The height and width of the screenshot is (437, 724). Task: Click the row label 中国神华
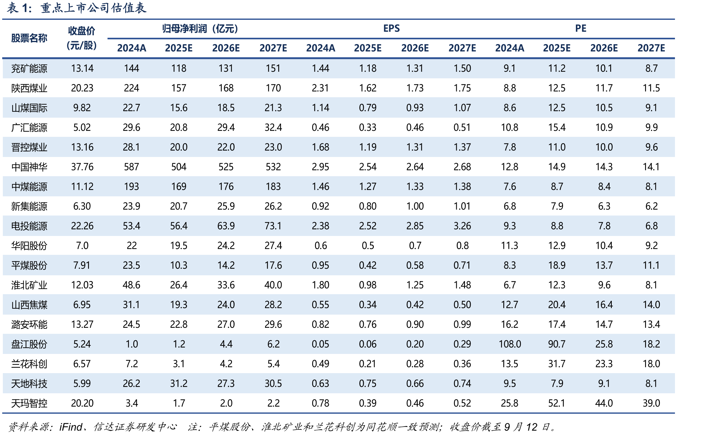29,167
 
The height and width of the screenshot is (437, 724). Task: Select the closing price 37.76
82,167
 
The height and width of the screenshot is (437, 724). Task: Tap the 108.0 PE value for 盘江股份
510,344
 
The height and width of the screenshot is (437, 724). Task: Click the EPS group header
391,29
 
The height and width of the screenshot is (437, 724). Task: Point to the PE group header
581,29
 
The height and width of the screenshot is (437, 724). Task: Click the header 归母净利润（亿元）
200,29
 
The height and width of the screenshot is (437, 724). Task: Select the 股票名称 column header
29,38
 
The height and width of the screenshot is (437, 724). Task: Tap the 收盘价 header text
82,31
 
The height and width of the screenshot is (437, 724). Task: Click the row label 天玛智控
29,403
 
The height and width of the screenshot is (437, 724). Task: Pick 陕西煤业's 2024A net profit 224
131,88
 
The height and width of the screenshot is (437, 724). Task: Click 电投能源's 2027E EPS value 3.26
462,226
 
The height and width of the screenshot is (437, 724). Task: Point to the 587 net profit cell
131,167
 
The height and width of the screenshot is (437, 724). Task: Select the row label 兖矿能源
29,69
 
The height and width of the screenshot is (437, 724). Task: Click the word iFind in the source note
71,427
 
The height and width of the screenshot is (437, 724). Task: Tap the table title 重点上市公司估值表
93,8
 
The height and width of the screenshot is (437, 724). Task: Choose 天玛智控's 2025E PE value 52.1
557,403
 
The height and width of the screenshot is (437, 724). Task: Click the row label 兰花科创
29,364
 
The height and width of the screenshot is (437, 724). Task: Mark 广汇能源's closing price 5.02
82,128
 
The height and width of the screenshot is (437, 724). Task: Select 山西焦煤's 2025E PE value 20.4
557,305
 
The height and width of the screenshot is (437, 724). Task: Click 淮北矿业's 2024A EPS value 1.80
320,285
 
